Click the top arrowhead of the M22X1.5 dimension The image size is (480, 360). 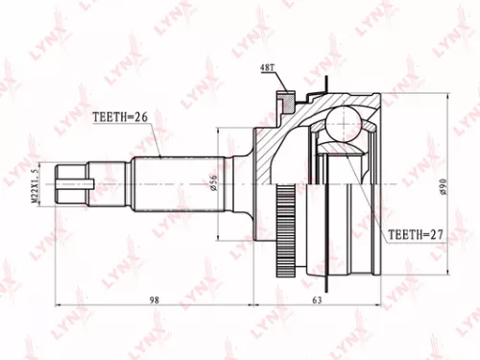click(x=40, y=165)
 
